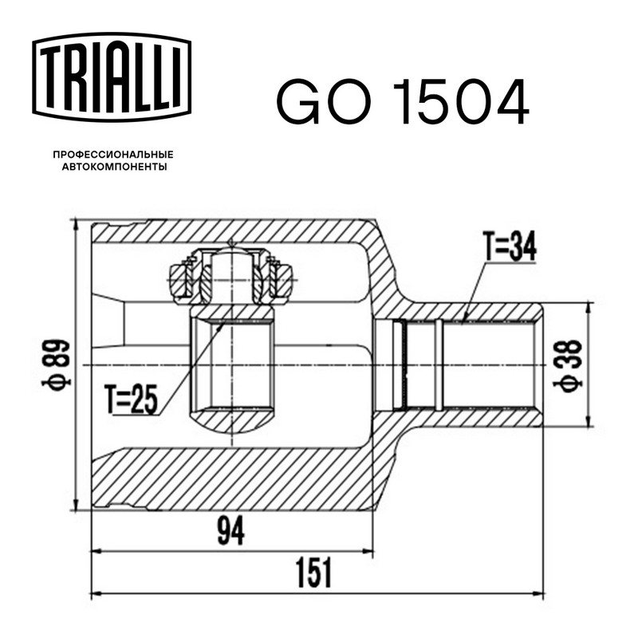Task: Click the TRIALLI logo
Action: coord(112,77)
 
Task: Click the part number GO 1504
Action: coord(403,102)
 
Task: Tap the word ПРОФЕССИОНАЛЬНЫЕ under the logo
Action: coord(113,155)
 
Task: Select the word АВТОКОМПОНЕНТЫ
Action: coord(114,167)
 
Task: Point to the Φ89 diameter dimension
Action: coord(57,363)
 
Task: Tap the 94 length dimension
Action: coord(231,530)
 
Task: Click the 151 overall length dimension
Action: coord(313,573)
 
